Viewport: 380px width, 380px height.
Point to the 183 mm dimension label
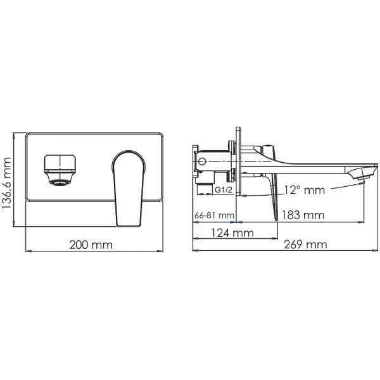pyautogui.click(x=301, y=215)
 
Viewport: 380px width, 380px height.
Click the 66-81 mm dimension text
pyautogui.click(x=213, y=215)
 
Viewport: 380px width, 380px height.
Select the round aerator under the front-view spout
pyautogui.click(x=60, y=184)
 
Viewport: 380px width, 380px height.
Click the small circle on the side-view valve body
pyautogui.click(x=201, y=162)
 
